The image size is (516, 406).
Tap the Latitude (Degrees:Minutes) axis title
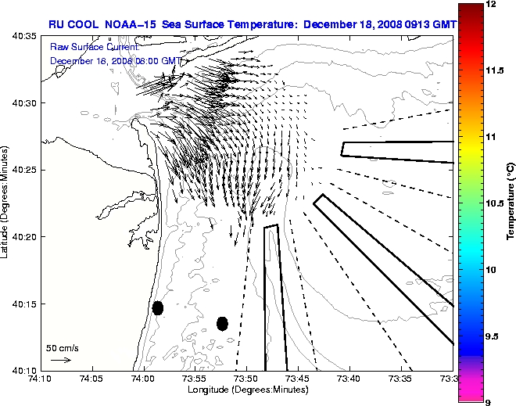click(x=6, y=203)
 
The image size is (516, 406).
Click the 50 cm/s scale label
click(x=62, y=347)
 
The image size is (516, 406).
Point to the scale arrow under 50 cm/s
click(x=61, y=360)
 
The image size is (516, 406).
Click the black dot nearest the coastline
click(x=158, y=307)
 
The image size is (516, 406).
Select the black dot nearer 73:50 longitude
click(x=222, y=323)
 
